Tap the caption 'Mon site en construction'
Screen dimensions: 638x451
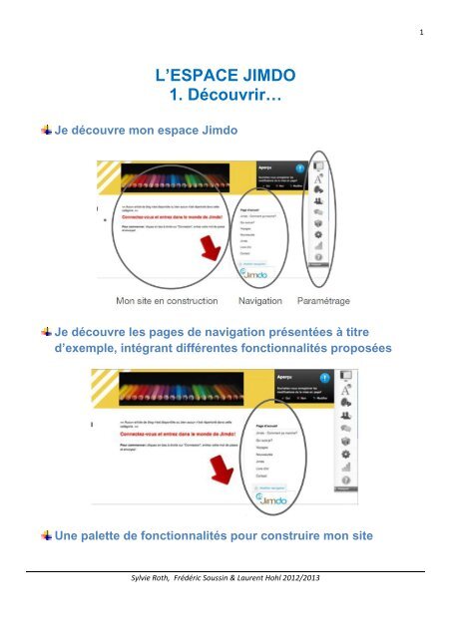171,298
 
